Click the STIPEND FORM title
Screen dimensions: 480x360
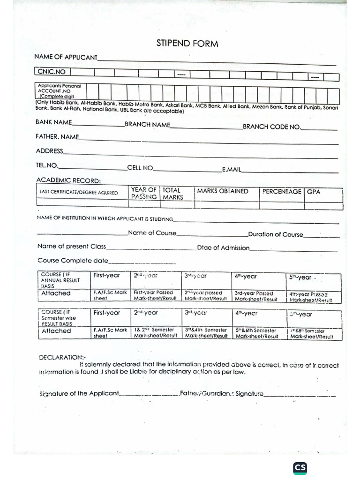coord(187,44)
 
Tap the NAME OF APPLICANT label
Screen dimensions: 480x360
coord(66,57)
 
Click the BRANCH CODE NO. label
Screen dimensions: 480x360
coord(272,127)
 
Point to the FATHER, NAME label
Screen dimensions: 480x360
coord(57,137)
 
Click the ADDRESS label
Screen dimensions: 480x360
coord(49,151)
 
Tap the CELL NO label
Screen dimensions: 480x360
coord(140,167)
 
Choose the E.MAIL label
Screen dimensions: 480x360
coord(231,169)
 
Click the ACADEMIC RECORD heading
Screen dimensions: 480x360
coord(68,180)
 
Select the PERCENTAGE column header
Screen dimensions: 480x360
coord(281,191)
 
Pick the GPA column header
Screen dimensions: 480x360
coord(314,192)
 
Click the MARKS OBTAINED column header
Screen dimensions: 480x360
coord(223,191)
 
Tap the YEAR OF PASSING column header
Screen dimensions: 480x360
coord(144,193)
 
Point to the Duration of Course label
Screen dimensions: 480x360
coord(276,234)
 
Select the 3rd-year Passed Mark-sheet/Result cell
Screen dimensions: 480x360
coord(257,296)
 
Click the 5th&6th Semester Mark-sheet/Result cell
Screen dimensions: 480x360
coord(257,333)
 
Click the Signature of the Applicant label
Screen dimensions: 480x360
coord(79,394)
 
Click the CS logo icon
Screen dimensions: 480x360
coord(300,468)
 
